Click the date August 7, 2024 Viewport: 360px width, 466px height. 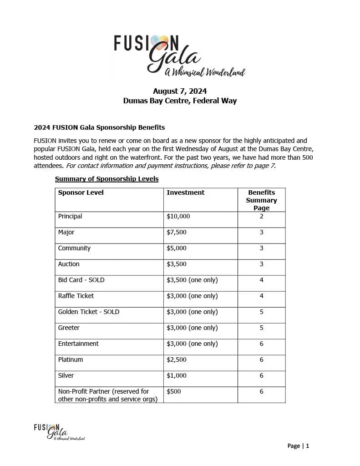coord(180,91)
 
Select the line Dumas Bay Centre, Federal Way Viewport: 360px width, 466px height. coord(180,101)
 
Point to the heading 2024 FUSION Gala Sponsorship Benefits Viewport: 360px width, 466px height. coord(99,127)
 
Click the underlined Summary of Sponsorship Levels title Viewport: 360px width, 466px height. coord(106,179)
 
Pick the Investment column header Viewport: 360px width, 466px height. coord(186,192)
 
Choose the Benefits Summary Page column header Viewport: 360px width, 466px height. coord(261,200)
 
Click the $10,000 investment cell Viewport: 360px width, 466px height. coord(178,216)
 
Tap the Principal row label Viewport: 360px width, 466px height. coord(70,216)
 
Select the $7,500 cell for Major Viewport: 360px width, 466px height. coord(177,232)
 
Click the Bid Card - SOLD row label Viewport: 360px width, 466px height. coord(81,280)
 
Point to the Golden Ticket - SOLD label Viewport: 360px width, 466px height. coord(88,312)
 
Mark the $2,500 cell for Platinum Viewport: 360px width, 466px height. coord(177,360)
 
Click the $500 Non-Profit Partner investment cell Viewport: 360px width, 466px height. coord(174,391)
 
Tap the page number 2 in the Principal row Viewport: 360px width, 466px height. coord(261,216)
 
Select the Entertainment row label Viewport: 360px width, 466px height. coord(78,344)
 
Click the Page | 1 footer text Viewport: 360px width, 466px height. coord(298,446)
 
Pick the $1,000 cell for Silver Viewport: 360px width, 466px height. coord(177,375)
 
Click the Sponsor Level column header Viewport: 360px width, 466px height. coord(81,192)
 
